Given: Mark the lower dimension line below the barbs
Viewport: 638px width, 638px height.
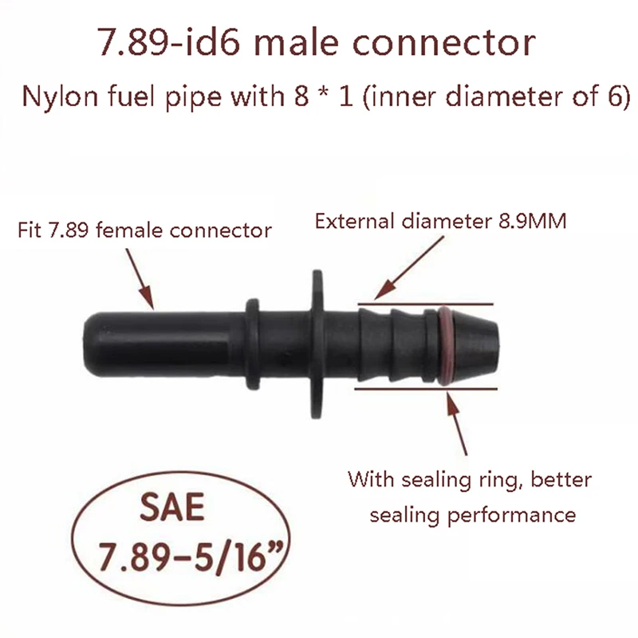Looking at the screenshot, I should pos(427,388).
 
